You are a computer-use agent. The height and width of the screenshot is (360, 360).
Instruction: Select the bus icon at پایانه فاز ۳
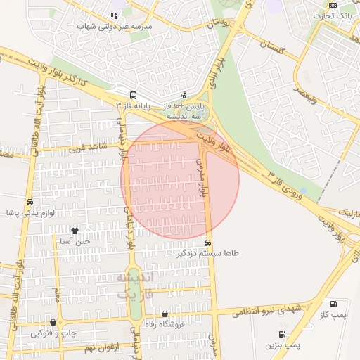132,95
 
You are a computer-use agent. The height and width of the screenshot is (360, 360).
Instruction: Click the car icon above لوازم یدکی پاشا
29,202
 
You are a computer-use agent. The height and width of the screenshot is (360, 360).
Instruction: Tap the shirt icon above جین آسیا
75,230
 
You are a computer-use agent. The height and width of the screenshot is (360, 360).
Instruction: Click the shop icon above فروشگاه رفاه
165,314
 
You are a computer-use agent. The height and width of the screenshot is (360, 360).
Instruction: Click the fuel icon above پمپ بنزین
282,334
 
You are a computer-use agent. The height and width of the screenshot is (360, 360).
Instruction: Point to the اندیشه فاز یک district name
134,285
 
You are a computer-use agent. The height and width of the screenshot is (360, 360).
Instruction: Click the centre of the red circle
180,180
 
